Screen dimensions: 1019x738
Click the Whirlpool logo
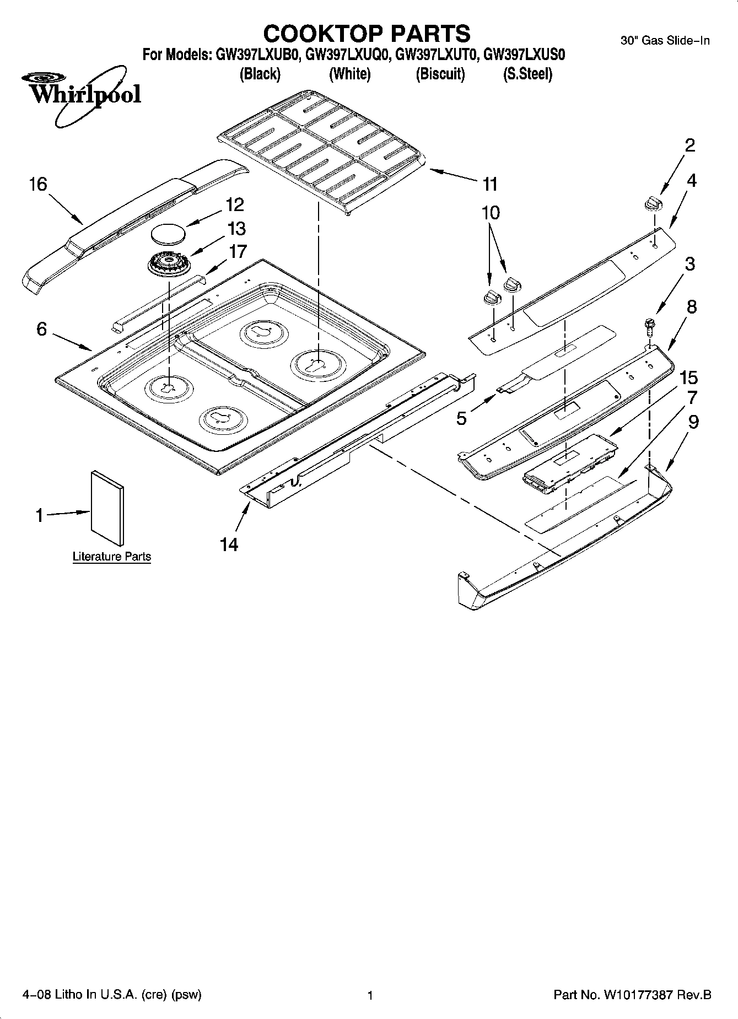coord(83,94)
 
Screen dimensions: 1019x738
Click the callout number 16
coord(38,184)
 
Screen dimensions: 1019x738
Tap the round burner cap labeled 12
coord(168,233)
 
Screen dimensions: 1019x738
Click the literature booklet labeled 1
coord(107,508)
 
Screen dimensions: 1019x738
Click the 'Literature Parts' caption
coord(112,557)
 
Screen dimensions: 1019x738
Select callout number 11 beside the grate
coord(489,184)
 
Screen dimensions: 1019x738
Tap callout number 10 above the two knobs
coord(491,212)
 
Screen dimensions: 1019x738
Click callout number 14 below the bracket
coord(229,544)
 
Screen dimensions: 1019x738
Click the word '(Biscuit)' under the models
coord(440,74)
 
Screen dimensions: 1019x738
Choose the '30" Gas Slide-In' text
coord(665,40)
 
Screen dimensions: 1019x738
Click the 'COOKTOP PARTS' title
coord(367,34)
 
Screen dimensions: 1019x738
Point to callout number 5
coord(461,418)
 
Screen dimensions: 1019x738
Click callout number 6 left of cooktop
coord(42,329)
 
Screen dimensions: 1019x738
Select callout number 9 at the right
coord(693,422)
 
